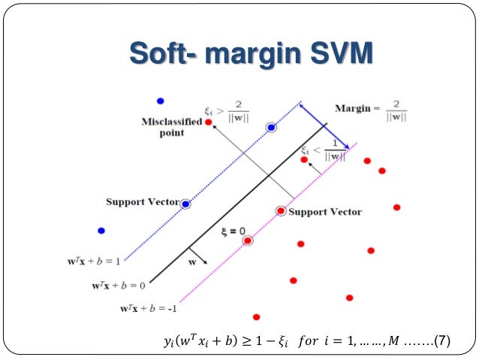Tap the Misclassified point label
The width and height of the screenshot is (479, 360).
pos(171,127)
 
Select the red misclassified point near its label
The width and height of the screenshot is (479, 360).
pos(209,122)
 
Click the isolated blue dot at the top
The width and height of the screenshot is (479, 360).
pos(159,101)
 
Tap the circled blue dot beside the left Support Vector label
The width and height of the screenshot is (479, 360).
pos(185,204)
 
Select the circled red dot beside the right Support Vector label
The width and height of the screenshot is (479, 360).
pos(281,211)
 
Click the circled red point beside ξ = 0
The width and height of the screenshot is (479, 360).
pos(249,241)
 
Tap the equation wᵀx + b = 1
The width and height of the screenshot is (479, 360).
pos(94,262)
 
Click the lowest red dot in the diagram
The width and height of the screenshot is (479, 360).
pos(257,317)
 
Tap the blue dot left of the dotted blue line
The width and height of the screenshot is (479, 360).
pos(101,231)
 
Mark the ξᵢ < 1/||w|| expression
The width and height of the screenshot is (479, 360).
pos(324,153)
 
